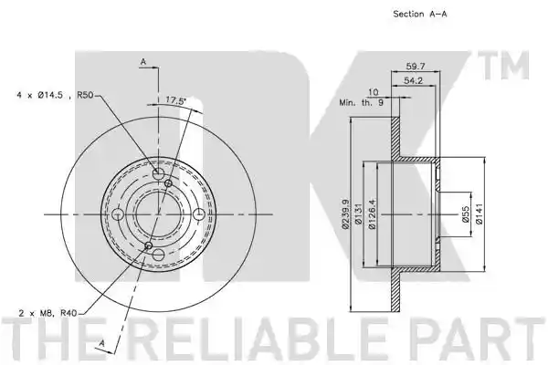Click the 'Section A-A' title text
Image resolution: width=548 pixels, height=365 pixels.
tap(420, 14)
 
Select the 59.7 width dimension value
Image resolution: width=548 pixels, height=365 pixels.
tap(416, 66)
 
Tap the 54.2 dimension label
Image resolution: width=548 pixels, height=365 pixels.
tap(413, 80)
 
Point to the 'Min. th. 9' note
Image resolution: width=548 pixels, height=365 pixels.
tap(362, 103)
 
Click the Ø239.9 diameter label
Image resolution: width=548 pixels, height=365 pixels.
tap(345, 214)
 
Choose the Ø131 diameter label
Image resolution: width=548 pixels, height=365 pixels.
tap(357, 214)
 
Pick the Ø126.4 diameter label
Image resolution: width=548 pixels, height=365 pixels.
tap(372, 214)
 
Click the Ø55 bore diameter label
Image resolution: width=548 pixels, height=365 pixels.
tap(465, 214)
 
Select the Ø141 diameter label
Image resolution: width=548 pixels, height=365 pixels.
tap(479, 214)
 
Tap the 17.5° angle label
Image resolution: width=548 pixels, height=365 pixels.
tap(175, 100)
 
